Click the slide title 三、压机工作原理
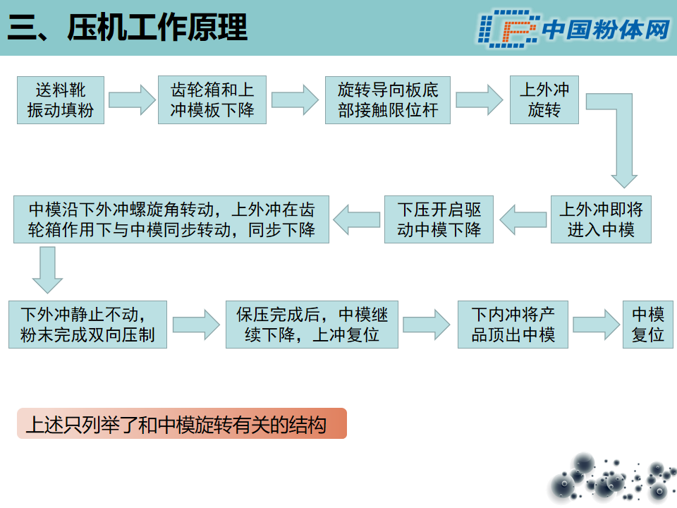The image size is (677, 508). (128, 28)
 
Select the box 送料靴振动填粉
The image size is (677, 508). (61, 100)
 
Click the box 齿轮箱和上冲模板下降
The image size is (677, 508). (212, 100)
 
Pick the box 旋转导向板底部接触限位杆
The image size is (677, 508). (388, 100)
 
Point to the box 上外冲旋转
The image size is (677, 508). (544, 100)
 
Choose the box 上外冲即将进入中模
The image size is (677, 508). (601, 219)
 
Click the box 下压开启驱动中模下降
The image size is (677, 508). (439, 219)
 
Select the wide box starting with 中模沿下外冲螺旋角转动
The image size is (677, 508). (171, 219)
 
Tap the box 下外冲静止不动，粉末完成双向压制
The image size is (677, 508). (87, 325)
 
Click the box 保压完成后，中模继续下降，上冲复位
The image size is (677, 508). (312, 325)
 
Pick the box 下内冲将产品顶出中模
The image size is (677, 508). (513, 325)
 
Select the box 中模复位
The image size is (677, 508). (647, 325)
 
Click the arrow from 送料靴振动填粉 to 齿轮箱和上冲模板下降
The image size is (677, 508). (132, 100)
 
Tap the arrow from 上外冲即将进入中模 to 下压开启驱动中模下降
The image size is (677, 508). (523, 219)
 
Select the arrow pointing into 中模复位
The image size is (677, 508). (597, 325)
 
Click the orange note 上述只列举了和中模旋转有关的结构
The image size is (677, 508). (182, 423)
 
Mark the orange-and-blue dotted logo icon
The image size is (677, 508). (508, 29)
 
